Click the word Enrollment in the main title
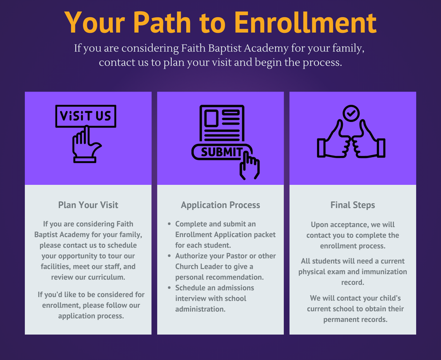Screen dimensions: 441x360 pos(305,22)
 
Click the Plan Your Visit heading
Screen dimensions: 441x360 pos(88,205)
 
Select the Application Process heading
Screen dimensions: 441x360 pos(220,205)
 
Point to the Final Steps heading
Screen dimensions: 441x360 pos(353,205)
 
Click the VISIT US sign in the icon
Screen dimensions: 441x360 pos(86,116)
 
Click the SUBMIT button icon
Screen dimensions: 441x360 pos(221,152)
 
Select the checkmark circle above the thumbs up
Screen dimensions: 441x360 pos(351,113)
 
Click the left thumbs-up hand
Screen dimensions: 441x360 pos(334,139)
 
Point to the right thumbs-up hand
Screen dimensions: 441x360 pos(368,139)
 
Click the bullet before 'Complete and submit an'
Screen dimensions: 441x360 pos(169,224)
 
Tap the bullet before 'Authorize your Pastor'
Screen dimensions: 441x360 pos(169,256)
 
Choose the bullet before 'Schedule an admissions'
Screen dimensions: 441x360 pos(169,288)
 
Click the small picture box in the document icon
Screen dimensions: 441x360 pos(211,118)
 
